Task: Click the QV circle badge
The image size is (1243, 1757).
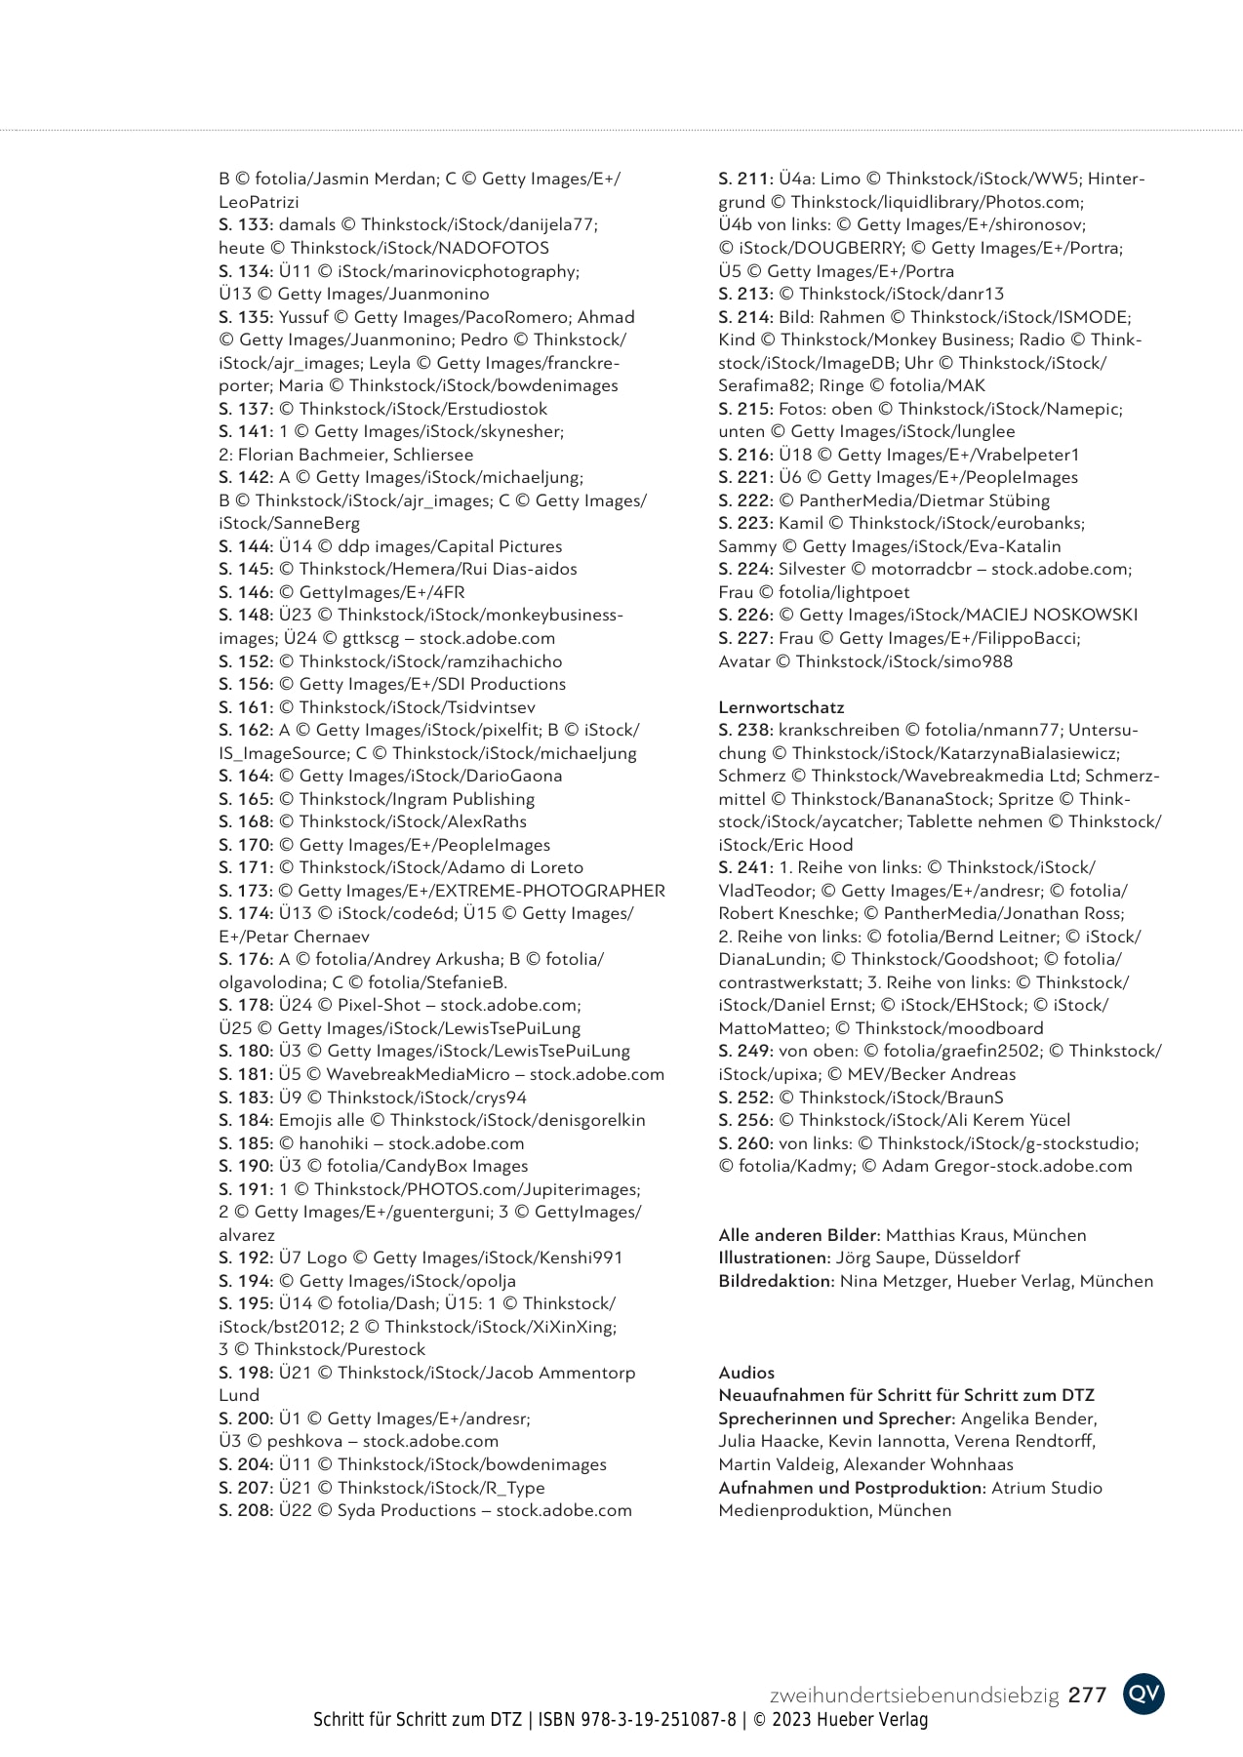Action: tap(1143, 1694)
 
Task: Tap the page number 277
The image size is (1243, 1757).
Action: tap(1087, 1696)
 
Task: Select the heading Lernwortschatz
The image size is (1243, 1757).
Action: tap(781, 707)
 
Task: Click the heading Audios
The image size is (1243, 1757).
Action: tap(746, 1373)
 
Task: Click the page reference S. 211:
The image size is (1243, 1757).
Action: tap(745, 179)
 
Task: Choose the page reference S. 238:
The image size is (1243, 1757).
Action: tap(745, 730)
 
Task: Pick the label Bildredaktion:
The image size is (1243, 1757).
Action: tap(777, 1281)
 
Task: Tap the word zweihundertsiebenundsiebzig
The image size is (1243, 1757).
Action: tap(914, 1696)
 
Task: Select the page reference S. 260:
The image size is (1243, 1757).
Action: tap(745, 1143)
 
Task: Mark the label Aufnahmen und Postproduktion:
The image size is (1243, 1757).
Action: tap(853, 1488)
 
